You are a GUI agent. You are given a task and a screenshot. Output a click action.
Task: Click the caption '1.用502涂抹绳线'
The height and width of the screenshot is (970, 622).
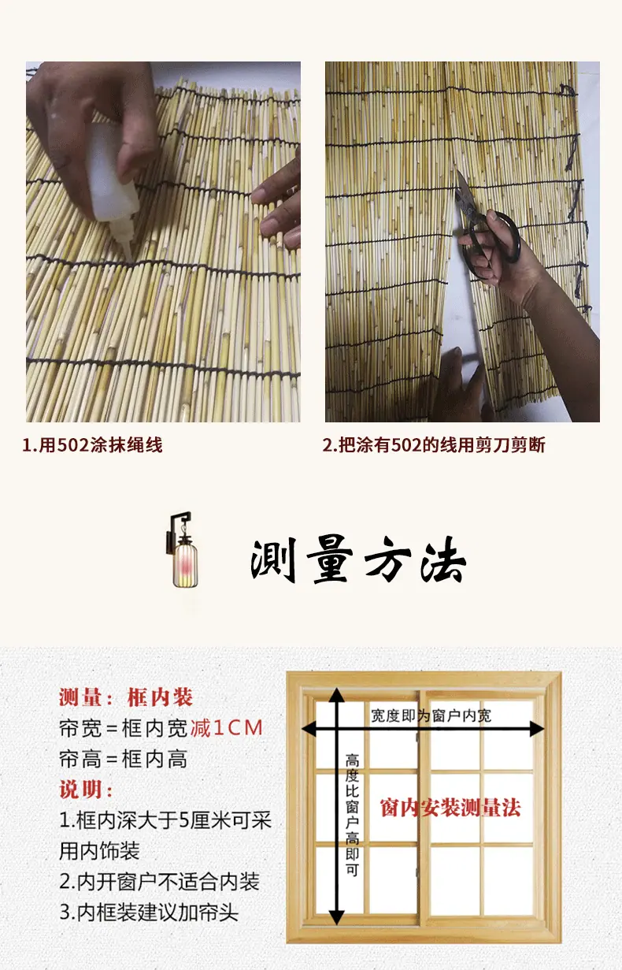92,445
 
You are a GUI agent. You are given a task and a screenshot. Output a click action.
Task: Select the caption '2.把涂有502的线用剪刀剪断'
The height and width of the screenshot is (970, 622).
433,445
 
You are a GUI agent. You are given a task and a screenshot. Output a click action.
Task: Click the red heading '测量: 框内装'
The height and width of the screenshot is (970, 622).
126,697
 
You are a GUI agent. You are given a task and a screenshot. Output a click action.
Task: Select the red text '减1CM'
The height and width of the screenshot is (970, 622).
227,728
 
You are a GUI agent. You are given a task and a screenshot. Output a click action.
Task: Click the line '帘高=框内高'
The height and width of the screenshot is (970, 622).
124,759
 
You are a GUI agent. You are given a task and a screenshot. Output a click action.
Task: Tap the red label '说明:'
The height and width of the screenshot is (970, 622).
86,790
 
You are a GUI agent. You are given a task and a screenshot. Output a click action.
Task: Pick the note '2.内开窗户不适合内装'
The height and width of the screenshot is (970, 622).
160,882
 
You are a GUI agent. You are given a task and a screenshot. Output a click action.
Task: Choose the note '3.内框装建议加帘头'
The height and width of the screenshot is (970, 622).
149,912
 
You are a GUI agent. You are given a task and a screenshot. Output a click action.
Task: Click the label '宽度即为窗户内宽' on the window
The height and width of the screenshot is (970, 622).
431,715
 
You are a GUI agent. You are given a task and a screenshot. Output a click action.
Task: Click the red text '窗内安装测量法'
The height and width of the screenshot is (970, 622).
450,808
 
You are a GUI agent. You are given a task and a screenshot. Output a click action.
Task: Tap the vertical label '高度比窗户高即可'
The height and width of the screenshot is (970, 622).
352,815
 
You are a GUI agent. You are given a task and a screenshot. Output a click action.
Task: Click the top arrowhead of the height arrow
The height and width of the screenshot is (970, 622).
336,695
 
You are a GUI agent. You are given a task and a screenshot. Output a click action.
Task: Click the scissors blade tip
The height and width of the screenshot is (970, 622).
458,171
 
